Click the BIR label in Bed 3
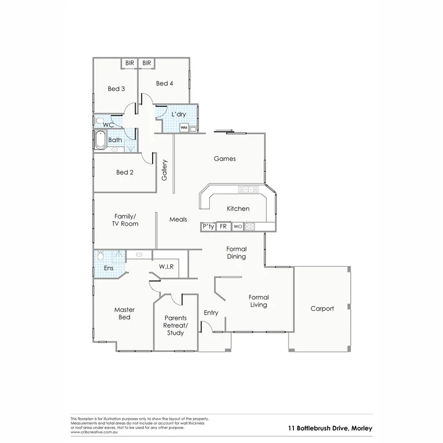[129, 63]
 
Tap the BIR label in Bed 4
[147, 63]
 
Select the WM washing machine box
[184, 128]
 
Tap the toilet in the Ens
[100, 255]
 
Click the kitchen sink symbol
[248, 189]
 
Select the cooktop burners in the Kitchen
[250, 227]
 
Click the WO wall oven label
[238, 227]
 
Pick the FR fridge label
[223, 227]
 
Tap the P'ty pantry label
[208, 227]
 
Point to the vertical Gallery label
[165, 170]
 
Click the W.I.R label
[165, 266]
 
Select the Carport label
[322, 309]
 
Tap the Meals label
[178, 219]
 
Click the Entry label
[211, 313]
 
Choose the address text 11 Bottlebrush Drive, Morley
[330, 428]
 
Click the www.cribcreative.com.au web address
[95, 432]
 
